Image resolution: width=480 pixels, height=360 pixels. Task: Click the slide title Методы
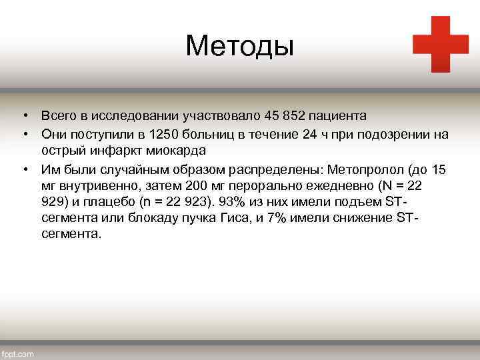239,45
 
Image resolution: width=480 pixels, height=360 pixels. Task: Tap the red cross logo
440,43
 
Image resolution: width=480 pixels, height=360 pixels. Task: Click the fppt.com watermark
18,354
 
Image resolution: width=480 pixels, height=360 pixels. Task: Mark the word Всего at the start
58,116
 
